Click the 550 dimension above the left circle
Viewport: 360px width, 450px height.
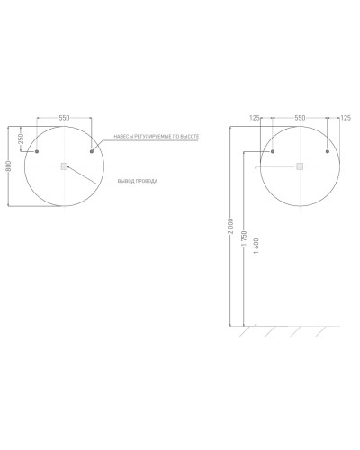pos(64,118)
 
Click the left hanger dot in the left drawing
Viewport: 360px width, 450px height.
pos(37,151)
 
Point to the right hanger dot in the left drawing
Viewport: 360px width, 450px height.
pos(92,151)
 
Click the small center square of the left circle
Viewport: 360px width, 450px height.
pos(64,166)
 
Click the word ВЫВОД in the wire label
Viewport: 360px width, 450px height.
pos(125,182)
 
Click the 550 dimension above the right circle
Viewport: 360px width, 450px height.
pos(300,118)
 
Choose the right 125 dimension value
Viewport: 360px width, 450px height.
pos(343,118)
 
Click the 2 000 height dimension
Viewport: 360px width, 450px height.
pos(231,224)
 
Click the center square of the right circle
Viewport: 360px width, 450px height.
pos(300,166)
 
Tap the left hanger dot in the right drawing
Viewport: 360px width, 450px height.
pos(273,151)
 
